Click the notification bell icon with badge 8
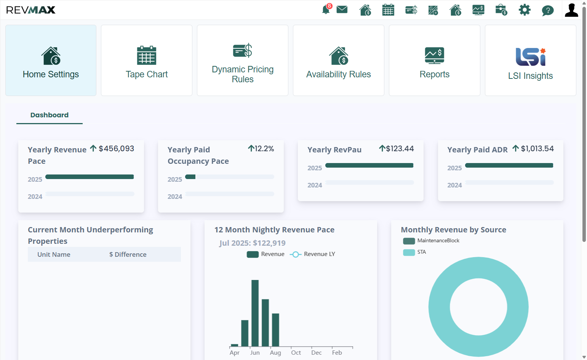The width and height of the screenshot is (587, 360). (326, 10)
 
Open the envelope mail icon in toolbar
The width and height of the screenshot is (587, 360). (342, 10)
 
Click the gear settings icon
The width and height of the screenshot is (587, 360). (525, 10)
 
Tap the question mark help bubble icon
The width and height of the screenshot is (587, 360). (548, 11)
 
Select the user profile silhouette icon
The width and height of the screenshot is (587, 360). (571, 10)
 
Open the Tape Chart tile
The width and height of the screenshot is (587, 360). (147, 60)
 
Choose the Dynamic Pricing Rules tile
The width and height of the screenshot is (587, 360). (242, 60)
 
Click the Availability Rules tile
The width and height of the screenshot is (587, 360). (338, 60)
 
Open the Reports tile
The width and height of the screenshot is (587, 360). (435, 60)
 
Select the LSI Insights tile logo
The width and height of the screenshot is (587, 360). (531, 57)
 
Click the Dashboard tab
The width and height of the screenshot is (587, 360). (50, 115)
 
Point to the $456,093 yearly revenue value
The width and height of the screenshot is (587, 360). (116, 149)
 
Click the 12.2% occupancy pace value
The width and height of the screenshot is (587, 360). (264, 149)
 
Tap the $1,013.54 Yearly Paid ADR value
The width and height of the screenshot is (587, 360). (537, 149)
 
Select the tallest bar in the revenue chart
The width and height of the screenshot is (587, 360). (255, 313)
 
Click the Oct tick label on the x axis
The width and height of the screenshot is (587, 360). (296, 353)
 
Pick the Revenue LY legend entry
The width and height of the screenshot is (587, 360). (312, 254)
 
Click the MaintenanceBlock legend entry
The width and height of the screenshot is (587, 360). (431, 240)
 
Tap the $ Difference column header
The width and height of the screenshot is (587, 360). (128, 254)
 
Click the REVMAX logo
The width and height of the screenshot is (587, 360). (30, 10)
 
